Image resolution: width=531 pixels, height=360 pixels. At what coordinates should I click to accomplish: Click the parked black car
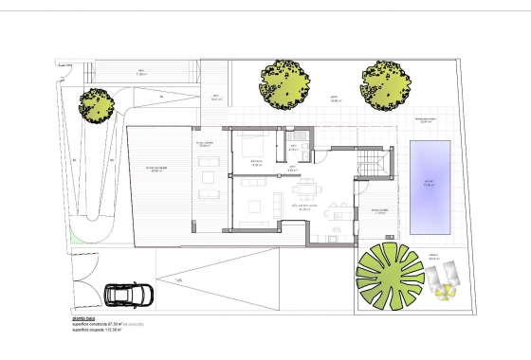click(126, 295)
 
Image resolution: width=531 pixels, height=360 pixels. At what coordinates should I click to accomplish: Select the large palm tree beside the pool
click(385, 273)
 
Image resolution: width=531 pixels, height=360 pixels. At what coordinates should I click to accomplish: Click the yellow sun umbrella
click(442, 290)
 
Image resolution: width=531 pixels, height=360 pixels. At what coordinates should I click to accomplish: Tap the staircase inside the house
click(371, 162)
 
